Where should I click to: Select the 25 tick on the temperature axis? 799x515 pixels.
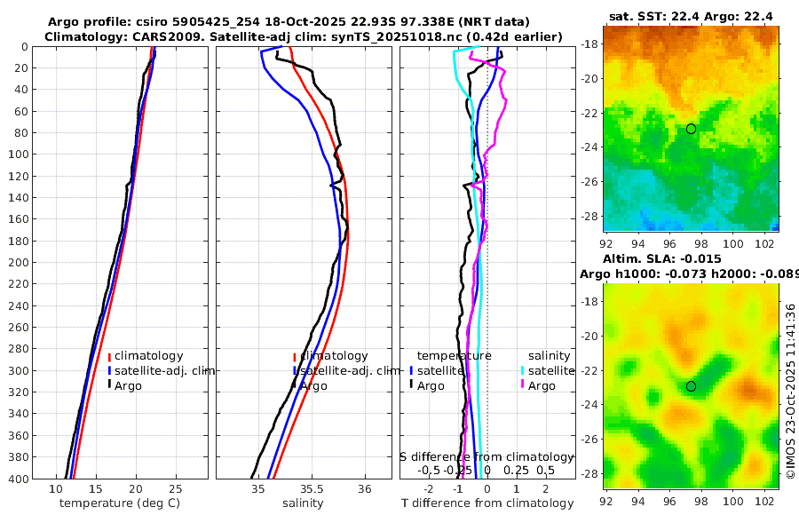point(175,489)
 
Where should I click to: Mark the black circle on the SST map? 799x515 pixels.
point(691,129)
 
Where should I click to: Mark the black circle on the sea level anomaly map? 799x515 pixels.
point(691,386)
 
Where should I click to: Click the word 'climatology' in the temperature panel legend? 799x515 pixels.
point(149,355)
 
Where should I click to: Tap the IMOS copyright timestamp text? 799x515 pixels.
point(790,391)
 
